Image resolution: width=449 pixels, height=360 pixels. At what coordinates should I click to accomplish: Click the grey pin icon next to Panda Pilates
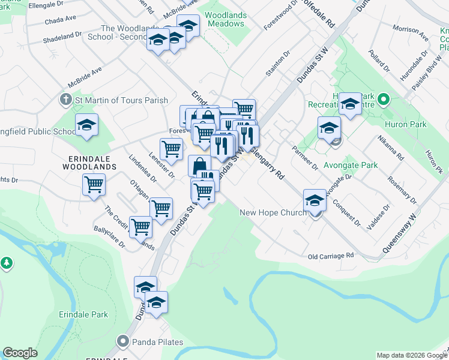click(x=124, y=342)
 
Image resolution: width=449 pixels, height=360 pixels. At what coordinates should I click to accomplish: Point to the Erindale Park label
click(x=83, y=314)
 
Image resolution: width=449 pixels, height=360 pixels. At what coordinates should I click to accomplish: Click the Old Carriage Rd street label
click(x=331, y=256)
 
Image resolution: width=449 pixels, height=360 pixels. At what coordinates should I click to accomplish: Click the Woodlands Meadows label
click(x=225, y=19)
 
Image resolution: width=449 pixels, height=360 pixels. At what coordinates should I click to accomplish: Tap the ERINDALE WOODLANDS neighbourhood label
click(x=89, y=162)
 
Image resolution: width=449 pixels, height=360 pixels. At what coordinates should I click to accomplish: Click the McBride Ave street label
click(x=85, y=74)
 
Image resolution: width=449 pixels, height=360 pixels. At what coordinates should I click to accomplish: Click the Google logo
click(x=20, y=353)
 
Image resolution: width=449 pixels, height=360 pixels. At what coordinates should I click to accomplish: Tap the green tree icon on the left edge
click(x=7, y=262)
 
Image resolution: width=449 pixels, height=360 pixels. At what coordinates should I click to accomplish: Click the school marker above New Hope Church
click(x=315, y=200)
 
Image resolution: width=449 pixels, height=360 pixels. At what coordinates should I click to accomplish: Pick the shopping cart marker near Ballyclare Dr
click(x=141, y=227)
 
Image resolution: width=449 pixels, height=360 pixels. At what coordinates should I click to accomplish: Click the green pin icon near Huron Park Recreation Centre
click(x=385, y=100)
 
